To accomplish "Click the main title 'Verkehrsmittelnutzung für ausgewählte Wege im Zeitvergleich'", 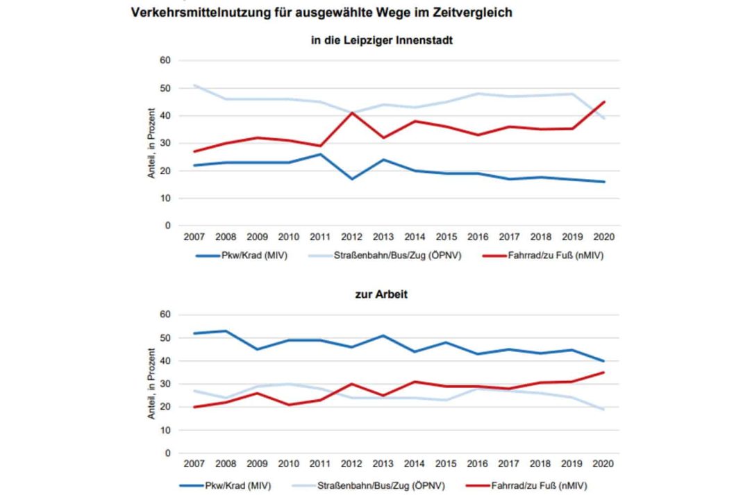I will (x=322, y=12).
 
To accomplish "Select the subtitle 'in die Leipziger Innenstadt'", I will (x=382, y=40).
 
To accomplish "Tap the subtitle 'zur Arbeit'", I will (x=382, y=294).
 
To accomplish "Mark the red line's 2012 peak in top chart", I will (x=353, y=112).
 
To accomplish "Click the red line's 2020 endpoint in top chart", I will (x=603, y=102).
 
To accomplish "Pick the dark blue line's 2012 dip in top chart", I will (x=353, y=179).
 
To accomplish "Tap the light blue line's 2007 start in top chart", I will (x=194, y=85).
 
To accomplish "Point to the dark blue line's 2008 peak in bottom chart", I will (x=226, y=331).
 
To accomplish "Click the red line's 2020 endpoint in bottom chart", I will (x=603, y=373).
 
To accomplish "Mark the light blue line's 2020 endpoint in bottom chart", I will (x=603, y=410).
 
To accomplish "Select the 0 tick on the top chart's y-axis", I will (x=167, y=226).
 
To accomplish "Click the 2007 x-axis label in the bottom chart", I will (x=194, y=464).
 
